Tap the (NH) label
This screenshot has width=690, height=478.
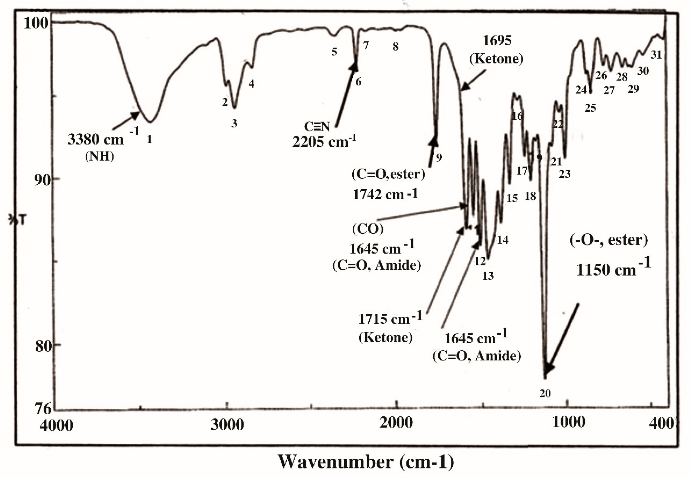point(100,156)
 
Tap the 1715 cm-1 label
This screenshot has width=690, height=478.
point(390,319)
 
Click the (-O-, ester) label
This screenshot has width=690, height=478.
point(609,240)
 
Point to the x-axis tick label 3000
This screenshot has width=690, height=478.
point(227,425)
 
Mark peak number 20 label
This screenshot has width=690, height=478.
point(545,394)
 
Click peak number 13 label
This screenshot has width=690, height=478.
point(488,276)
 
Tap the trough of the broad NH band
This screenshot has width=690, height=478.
point(150,122)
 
